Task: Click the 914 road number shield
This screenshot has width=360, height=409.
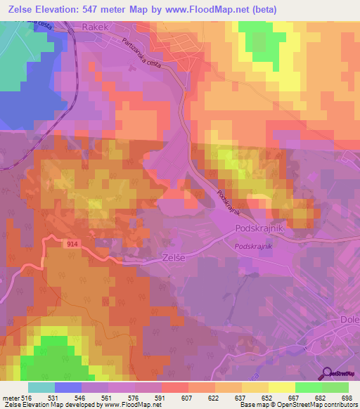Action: (73, 243)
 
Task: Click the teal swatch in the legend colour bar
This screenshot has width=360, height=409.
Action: (41, 387)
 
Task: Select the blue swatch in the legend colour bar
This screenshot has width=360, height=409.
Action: (68, 387)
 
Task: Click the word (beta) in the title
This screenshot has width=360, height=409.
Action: (264, 9)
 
